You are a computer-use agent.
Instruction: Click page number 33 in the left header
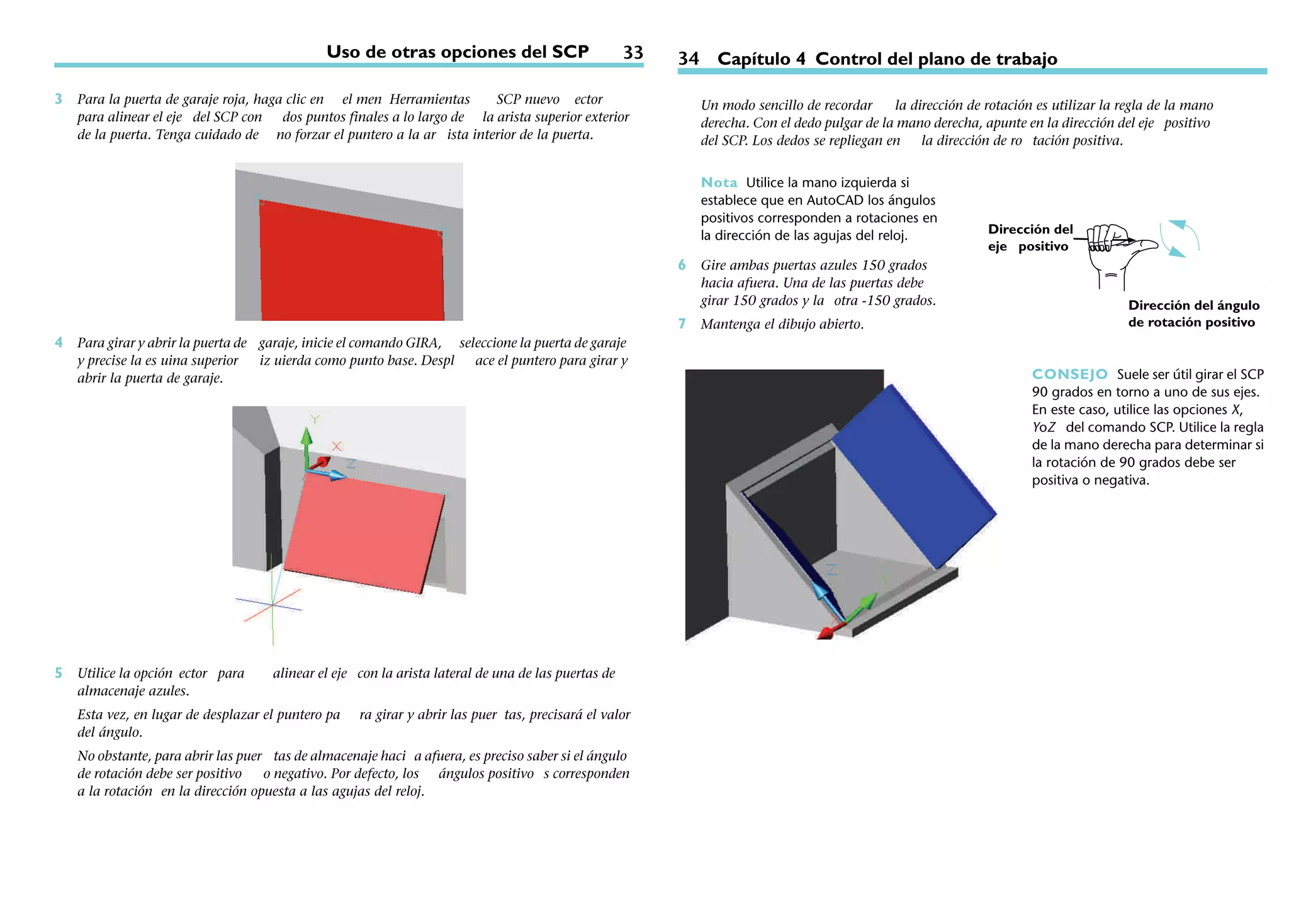[x=633, y=53]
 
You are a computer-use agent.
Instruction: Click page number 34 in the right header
[x=688, y=59]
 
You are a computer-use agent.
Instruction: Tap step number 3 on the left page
[x=59, y=99]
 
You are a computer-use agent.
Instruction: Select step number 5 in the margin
[x=59, y=673]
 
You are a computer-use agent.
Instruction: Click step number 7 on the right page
[x=682, y=324]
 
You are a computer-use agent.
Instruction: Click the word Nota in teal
[x=719, y=183]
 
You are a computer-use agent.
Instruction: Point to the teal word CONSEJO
[x=1069, y=374]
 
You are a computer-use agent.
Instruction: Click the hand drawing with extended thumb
[x=1117, y=252]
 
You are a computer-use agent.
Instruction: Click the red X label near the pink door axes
[x=337, y=446]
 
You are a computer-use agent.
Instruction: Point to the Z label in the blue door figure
[x=831, y=570]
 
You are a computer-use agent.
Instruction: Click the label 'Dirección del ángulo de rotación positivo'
[x=1193, y=314]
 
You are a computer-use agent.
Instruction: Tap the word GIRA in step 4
[x=422, y=343]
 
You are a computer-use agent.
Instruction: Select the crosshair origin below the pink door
[x=272, y=605]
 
